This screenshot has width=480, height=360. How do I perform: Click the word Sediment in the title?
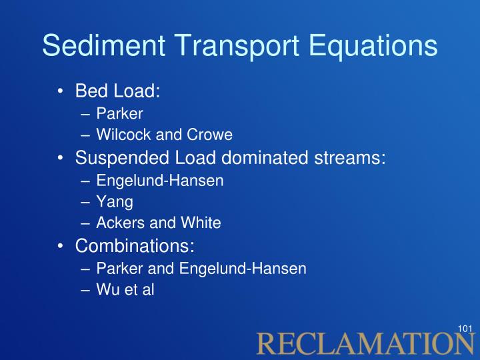(104, 45)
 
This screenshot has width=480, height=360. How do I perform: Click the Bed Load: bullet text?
(117, 91)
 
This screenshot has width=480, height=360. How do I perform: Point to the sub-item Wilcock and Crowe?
(165, 135)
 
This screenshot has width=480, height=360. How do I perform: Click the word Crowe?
(210, 135)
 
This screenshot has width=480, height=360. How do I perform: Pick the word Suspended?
(122, 158)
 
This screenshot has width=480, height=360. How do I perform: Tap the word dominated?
(265, 157)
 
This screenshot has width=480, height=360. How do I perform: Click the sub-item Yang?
(115, 202)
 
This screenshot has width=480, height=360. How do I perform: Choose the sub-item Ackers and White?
(159, 223)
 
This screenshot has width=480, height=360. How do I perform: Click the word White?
(201, 223)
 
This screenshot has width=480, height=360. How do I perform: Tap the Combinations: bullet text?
(135, 245)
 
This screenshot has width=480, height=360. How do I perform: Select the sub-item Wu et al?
(125, 289)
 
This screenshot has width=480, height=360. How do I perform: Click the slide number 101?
(465, 329)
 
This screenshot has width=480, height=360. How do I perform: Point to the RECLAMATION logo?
(365, 343)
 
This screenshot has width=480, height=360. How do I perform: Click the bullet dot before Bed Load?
(60, 91)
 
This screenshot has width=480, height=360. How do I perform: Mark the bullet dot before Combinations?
(60, 246)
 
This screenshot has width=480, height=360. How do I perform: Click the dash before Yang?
(85, 203)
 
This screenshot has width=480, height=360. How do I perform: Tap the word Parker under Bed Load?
(119, 113)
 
